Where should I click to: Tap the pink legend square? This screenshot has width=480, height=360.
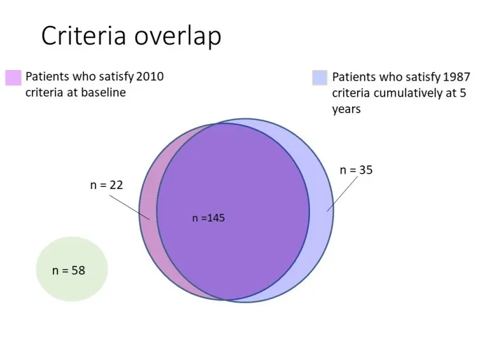pos(13,78)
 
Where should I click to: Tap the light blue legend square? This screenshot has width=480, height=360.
pos(320,78)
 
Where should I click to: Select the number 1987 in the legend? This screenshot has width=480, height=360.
pos(456,78)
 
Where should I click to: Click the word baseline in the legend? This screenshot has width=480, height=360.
pos(104,93)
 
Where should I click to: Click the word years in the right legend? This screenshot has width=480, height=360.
pos(346,109)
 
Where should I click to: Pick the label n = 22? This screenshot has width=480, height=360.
pos(106,185)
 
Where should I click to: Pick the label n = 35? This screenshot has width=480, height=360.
pos(356,170)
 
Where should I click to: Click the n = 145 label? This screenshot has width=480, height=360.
pos(209,218)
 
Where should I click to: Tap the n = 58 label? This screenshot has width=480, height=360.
pos(69,270)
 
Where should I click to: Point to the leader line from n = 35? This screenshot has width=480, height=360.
pos(341,195)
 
